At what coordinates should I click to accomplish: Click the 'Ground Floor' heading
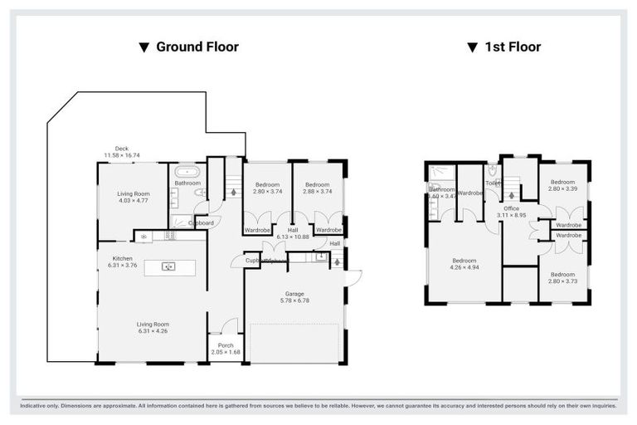[x=197, y=47]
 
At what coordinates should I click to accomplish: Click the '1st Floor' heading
[x=513, y=47]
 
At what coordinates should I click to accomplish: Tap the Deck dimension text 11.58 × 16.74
[x=122, y=155]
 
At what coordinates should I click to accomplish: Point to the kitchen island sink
[x=168, y=266]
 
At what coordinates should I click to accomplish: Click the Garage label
[x=294, y=293]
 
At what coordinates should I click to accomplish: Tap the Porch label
[x=225, y=345]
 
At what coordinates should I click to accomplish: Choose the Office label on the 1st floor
[x=511, y=208]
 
